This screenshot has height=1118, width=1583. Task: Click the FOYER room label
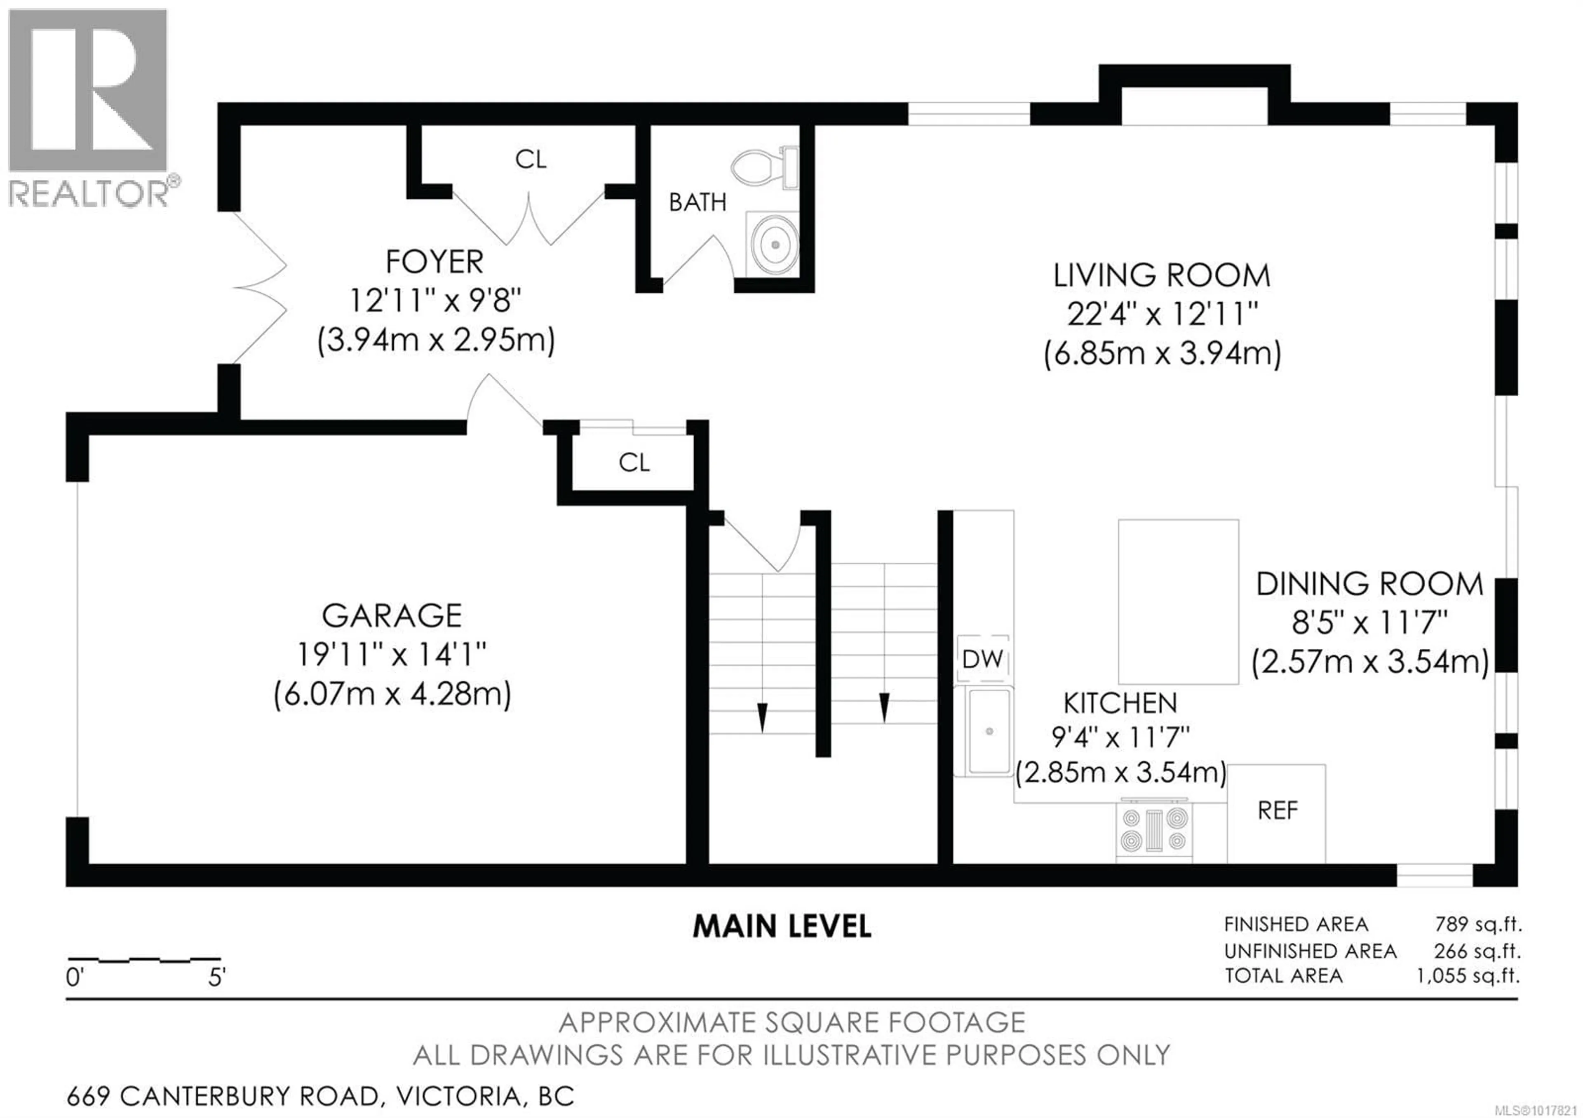coord(435,262)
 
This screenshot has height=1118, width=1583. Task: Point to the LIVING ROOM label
coord(1162,276)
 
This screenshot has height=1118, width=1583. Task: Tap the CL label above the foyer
coord(530,160)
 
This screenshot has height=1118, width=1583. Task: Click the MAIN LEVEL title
coord(782,926)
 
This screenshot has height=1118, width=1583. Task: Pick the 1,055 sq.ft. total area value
coord(1468,976)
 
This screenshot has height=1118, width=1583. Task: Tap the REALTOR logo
coord(88,107)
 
